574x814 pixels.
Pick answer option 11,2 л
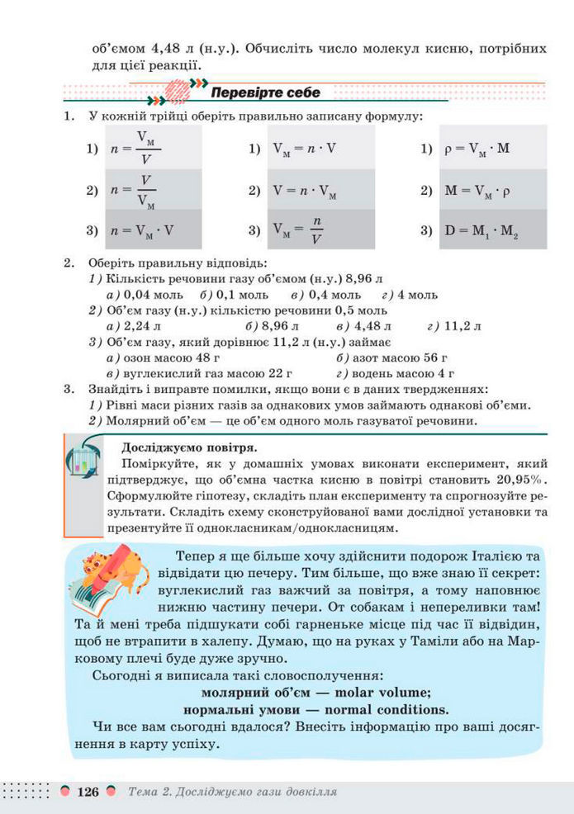click(463, 326)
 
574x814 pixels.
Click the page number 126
click(88, 792)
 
